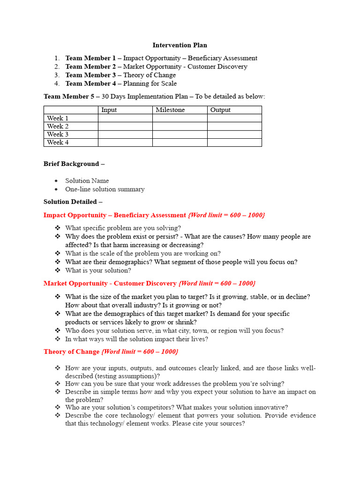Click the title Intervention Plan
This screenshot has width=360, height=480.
coord(180,45)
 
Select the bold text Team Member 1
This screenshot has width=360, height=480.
coord(90,58)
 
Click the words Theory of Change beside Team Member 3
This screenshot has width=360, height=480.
coord(150,75)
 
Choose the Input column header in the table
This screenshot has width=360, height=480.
coord(109,110)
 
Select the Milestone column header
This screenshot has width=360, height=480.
coord(170,110)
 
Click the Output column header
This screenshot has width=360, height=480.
coord(220,110)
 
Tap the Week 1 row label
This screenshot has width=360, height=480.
coord(58,118)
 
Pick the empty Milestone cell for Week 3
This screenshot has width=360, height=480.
coord(180,135)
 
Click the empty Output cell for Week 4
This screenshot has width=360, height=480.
coord(234,142)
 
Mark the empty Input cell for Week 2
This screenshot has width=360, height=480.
coord(125,126)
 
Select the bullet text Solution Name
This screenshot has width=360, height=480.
coord(87,181)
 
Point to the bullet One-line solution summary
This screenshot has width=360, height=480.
coord(105,189)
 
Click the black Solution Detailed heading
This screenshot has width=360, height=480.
coord(73,202)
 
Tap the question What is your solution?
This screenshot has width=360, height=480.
coord(98,270)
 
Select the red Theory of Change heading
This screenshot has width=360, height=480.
coord(71,352)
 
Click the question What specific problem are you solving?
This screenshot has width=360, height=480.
coord(123,228)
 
